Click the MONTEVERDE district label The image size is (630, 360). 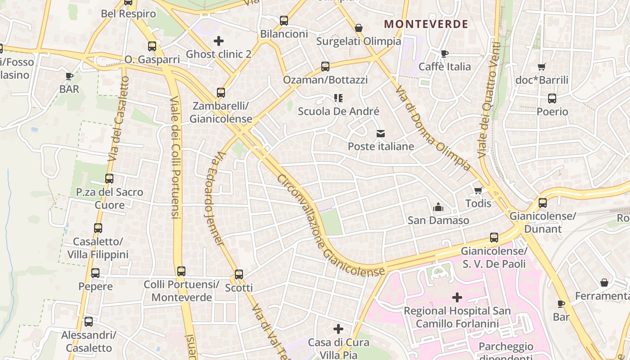click(x=426, y=24)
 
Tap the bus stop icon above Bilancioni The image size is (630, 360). click(x=283, y=20)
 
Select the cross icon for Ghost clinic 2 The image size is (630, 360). click(x=219, y=41)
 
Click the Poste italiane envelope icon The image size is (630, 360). click(x=381, y=133)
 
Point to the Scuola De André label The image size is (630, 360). click(x=338, y=111)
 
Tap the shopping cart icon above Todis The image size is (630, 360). click(x=478, y=190)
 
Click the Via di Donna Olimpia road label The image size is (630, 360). click(x=433, y=129)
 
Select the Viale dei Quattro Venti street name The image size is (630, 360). click(x=489, y=100)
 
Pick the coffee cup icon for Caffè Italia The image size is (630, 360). click(x=444, y=54)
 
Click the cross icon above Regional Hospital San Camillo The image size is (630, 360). click(x=457, y=297)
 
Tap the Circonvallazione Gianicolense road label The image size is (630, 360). click(x=331, y=225)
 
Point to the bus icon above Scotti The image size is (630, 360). click(x=238, y=274)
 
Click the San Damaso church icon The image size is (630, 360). click(x=438, y=207)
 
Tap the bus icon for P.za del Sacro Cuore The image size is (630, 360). click(x=109, y=178)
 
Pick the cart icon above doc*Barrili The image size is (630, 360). click(x=541, y=67)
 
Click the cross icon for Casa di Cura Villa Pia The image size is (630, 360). click(x=338, y=329)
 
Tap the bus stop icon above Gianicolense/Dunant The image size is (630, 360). click(x=543, y=202)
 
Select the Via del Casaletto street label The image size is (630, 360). click(x=118, y=119)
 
